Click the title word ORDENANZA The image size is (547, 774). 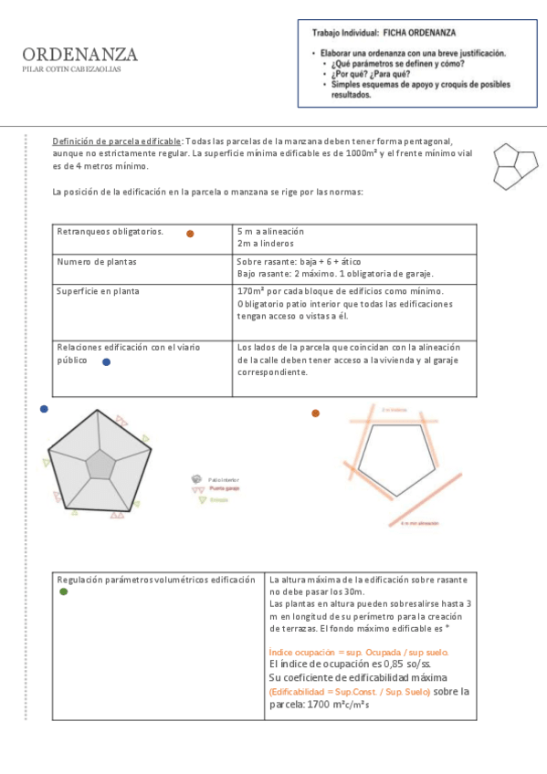click(x=80, y=55)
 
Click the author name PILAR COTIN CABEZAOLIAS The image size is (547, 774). click(x=72, y=69)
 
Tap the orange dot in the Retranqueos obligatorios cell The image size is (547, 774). click(x=190, y=234)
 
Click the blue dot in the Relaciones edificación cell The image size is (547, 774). click(x=106, y=362)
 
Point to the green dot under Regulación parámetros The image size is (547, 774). click(x=63, y=592)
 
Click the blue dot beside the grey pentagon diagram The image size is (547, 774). click(x=44, y=410)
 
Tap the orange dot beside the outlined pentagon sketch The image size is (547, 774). click(x=315, y=413)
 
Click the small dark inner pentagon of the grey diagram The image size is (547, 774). click(x=100, y=465)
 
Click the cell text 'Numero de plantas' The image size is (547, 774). click(x=97, y=261)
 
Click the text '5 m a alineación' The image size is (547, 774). click(x=270, y=232)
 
